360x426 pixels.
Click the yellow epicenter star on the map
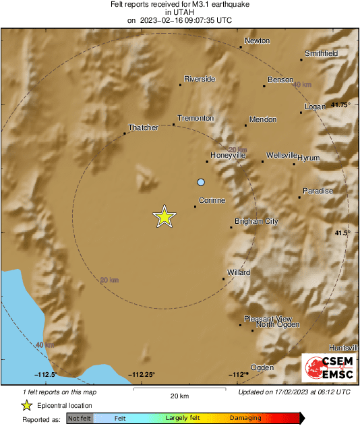[164, 216]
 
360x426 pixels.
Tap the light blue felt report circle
[200, 182]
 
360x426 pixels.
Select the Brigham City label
[256, 221]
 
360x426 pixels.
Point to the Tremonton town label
[196, 118]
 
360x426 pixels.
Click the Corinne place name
[212, 200]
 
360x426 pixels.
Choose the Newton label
[257, 41]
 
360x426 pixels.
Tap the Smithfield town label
[321, 53]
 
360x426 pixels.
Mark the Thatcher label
[143, 127]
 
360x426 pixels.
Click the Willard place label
[239, 272]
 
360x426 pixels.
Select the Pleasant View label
[268, 319]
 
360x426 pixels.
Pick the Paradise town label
[318, 191]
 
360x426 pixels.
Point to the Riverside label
[200, 79]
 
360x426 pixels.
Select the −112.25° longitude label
[143, 375]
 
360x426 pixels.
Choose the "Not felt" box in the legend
[80, 418]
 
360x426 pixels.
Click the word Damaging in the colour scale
[245, 418]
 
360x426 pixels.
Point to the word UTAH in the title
[179, 11]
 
